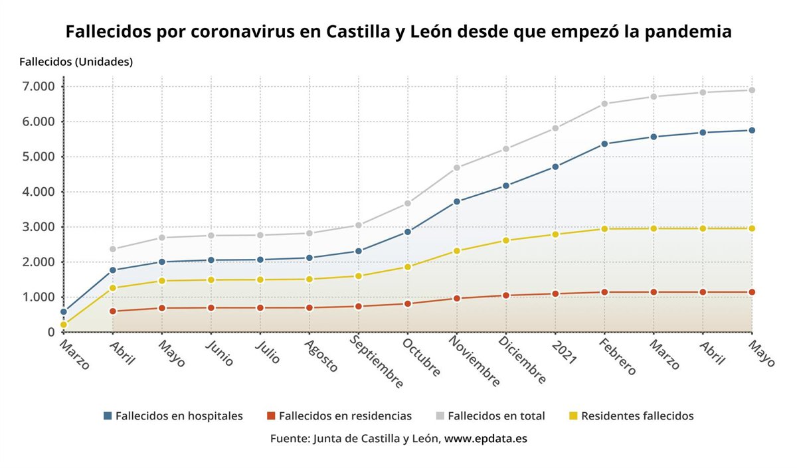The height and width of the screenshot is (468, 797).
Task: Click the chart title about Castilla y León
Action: click(398, 31)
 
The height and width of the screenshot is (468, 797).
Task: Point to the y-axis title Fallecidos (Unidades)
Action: click(76, 62)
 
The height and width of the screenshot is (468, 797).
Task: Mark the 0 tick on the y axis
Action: click(50, 332)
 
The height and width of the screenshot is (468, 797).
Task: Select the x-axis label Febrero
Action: click(616, 357)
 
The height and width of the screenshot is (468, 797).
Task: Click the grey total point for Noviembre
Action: click(457, 168)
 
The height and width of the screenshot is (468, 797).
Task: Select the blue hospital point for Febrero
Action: click(604, 144)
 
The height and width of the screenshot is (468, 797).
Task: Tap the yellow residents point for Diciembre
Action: click(505, 240)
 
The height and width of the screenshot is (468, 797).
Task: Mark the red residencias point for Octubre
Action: click(408, 304)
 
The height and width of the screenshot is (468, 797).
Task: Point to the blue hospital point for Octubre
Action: click(408, 232)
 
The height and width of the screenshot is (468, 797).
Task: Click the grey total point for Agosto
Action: click(310, 233)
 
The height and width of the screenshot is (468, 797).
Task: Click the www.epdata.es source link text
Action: click(486, 439)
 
